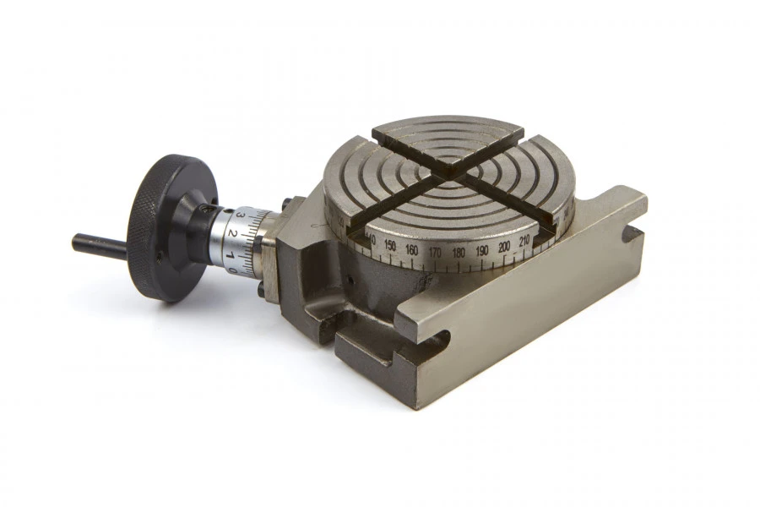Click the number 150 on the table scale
(389, 246)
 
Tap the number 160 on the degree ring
(412, 250)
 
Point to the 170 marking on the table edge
(435, 253)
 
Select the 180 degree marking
(459, 253)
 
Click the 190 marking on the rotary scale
(482, 251)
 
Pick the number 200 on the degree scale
(505, 247)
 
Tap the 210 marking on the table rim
(524, 242)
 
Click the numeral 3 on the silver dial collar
(240, 218)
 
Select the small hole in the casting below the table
(350, 279)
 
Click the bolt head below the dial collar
(262, 292)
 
